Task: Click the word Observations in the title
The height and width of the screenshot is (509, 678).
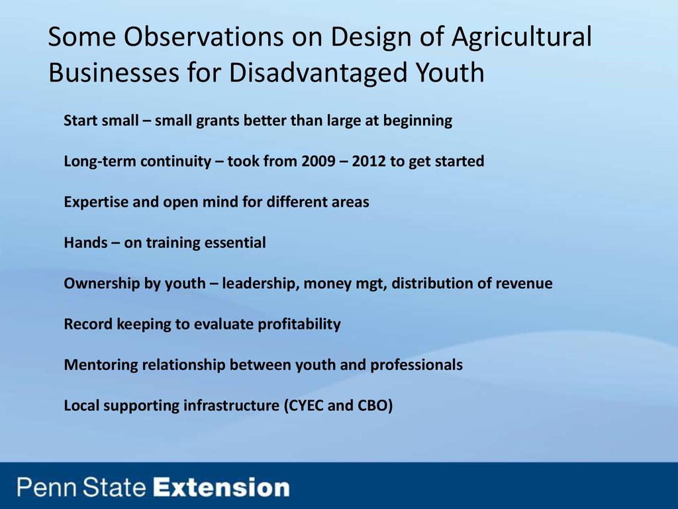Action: coord(204,36)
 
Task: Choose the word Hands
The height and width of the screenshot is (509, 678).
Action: coord(85,243)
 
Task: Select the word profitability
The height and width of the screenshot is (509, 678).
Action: coord(299,325)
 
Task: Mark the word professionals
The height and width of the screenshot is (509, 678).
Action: coord(416,365)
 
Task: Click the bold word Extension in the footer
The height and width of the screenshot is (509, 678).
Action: coord(221,487)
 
